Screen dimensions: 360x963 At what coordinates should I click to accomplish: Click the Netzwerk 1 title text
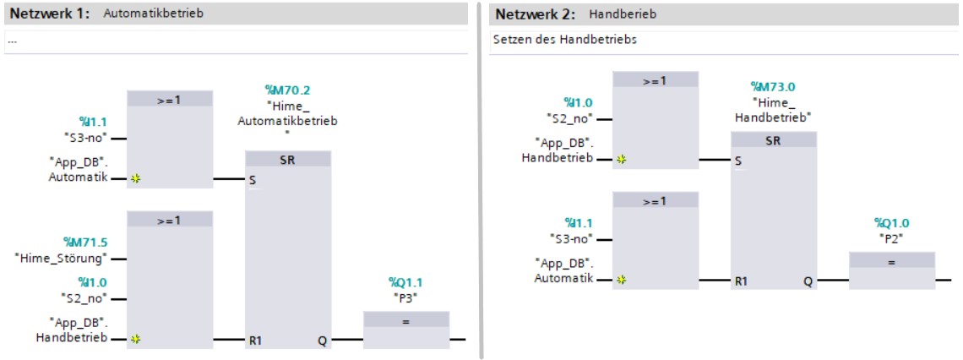pos(50,14)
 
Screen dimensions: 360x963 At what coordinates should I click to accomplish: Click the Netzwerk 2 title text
pos(535,14)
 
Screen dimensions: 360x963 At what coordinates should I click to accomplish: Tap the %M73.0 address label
pos(773,86)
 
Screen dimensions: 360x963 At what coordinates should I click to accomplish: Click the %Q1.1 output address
pos(405,282)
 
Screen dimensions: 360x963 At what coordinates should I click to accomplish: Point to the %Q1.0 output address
pos(891,222)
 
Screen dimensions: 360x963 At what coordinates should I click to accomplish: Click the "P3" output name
pos(405,297)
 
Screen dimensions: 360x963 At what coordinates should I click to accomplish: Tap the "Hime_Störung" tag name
pos(63,258)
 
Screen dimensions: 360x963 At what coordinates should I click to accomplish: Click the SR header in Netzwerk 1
pos(287,160)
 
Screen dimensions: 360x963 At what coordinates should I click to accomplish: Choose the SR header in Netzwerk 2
pos(773,141)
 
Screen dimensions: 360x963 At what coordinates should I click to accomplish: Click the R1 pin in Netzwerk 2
pos(741,280)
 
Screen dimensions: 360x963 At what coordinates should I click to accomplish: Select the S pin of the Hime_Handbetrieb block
pos(738,161)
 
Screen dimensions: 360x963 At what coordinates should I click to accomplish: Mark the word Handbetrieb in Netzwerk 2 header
pos(622,14)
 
